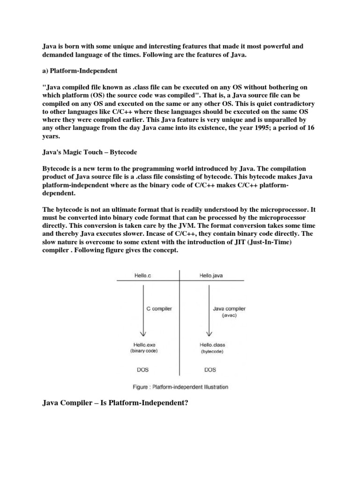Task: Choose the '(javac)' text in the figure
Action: tap(217, 316)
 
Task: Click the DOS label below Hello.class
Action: tap(211, 370)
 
